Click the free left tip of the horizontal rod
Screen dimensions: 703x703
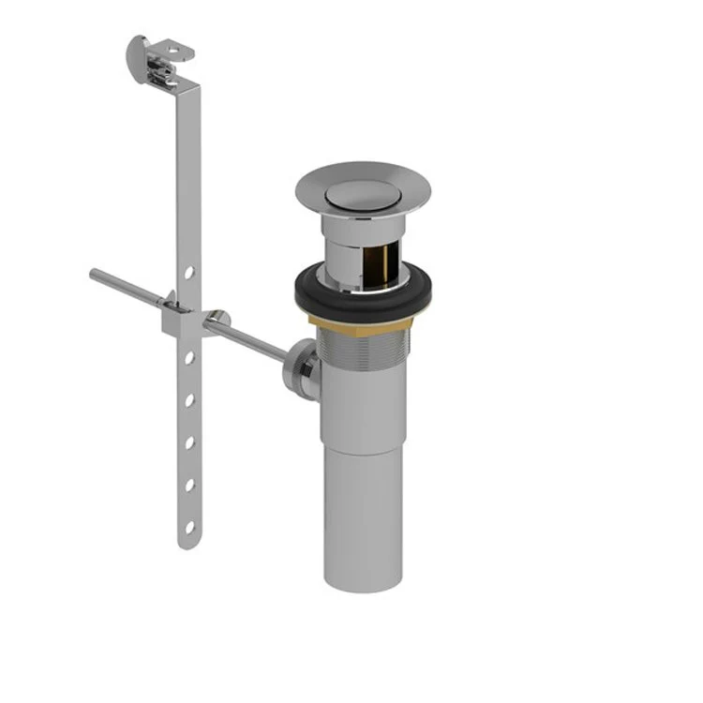[95, 274]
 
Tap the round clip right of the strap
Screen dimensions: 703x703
[217, 319]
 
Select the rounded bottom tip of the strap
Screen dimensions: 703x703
[187, 545]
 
